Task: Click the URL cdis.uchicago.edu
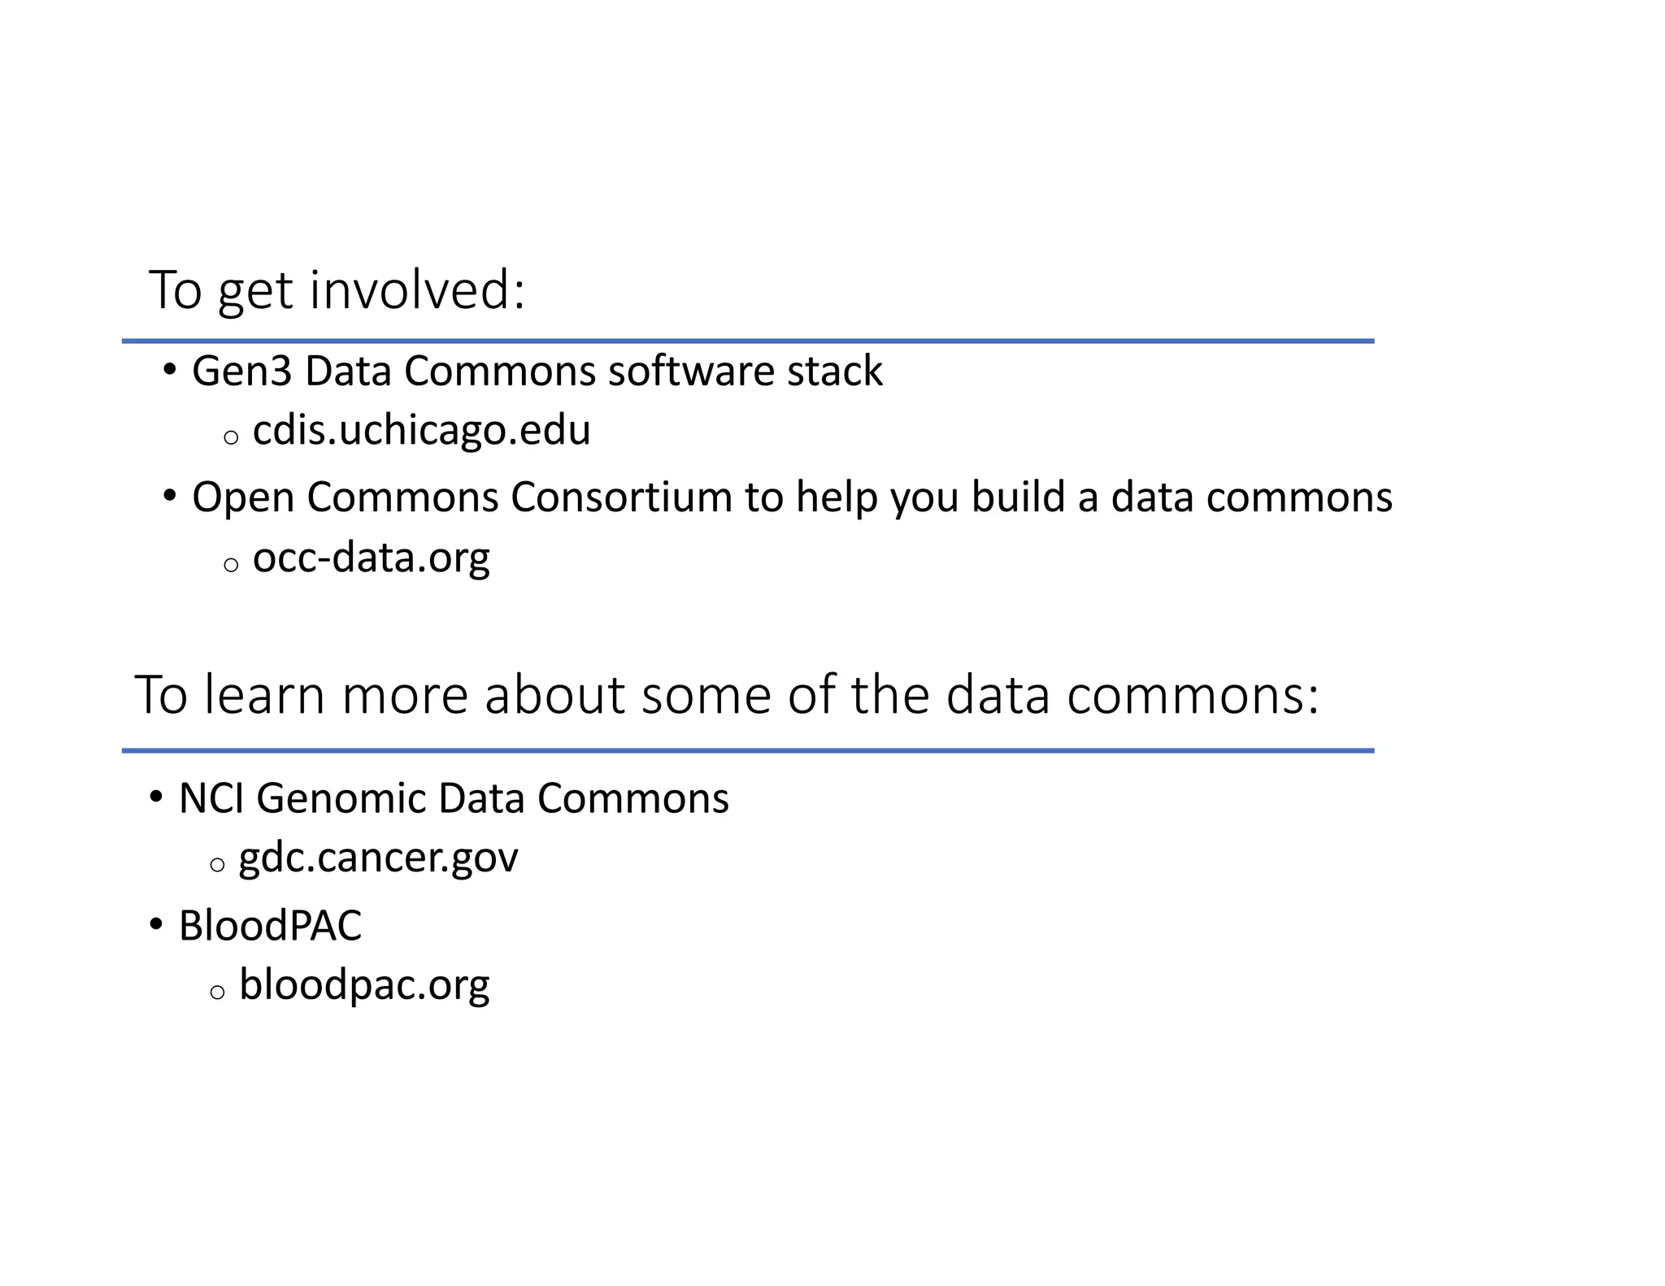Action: (x=421, y=431)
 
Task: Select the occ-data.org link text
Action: (x=371, y=558)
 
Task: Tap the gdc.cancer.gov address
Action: (x=378, y=858)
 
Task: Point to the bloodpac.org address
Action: (x=364, y=985)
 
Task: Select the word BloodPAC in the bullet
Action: (x=270, y=926)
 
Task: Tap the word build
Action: (x=1018, y=497)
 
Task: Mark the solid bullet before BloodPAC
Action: (x=156, y=925)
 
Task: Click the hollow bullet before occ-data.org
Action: (x=231, y=565)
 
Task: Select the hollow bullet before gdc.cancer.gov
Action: (x=217, y=865)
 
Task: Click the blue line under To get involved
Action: (x=748, y=341)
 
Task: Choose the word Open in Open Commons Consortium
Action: (x=243, y=498)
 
